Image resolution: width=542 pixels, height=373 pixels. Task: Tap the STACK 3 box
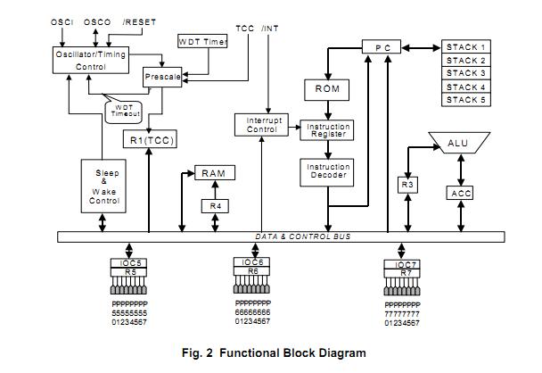(x=466, y=73)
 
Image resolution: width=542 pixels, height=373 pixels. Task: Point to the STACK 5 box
(x=466, y=100)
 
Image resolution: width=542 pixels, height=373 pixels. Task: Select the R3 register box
(x=407, y=185)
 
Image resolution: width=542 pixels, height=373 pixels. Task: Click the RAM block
(x=214, y=172)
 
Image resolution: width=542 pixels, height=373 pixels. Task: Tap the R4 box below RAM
(x=214, y=206)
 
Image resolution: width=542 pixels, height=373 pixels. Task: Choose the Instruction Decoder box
(x=328, y=172)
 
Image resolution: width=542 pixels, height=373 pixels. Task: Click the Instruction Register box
(x=328, y=130)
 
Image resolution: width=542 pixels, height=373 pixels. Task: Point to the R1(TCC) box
(x=149, y=140)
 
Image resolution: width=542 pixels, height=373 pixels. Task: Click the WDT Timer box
(x=201, y=42)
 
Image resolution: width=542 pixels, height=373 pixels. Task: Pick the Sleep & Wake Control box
(x=103, y=187)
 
